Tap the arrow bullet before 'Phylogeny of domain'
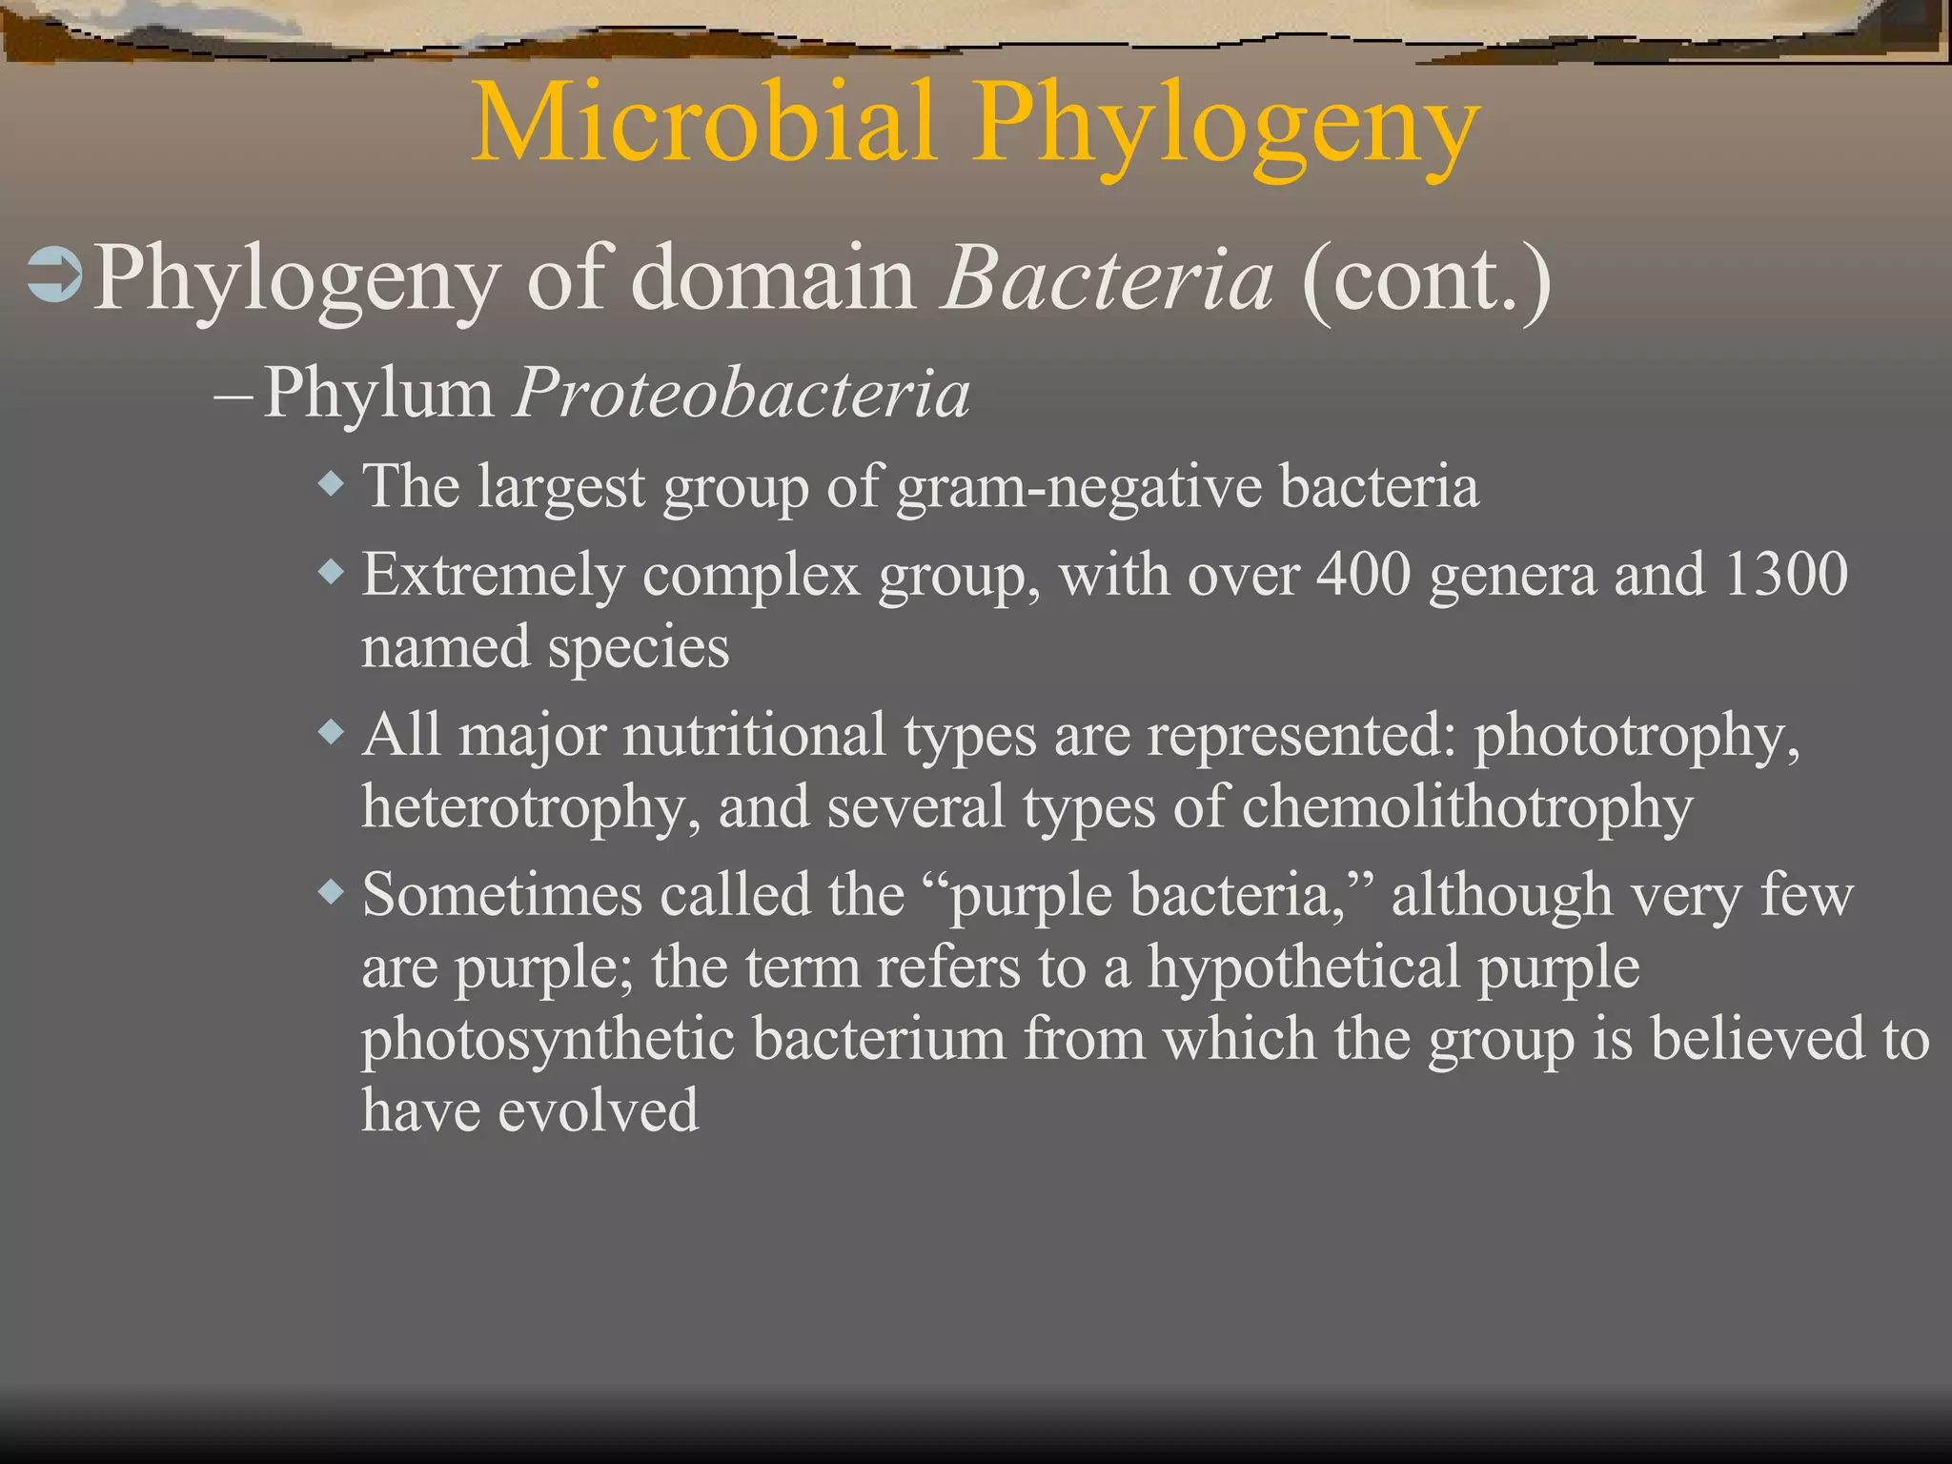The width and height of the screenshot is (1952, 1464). (55, 277)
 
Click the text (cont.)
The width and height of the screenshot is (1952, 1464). (1426, 280)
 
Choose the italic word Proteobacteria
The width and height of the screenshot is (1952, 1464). (742, 393)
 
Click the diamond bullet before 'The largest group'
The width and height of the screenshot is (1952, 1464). (331, 484)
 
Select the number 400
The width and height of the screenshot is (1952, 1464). (1363, 575)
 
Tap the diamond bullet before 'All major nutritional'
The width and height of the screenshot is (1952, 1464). (331, 733)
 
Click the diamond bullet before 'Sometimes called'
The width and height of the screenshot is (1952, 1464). (331, 893)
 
